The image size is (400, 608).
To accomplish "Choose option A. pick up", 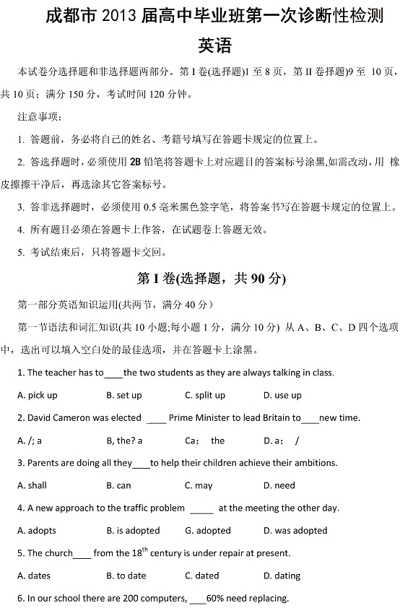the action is point(37,395).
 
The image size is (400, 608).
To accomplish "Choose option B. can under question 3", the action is point(118,485).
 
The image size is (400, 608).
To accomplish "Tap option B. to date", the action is point(126,576).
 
